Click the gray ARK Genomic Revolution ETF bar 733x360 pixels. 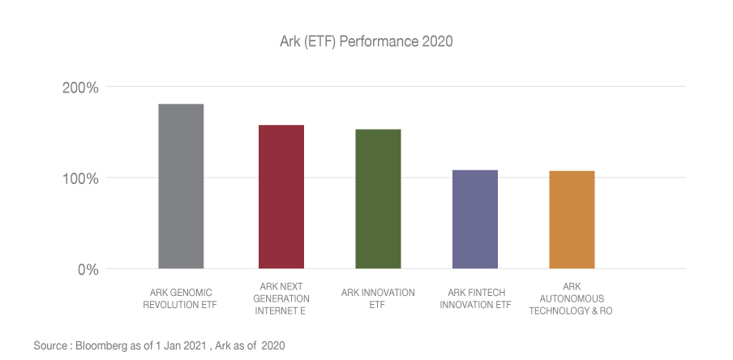click(x=181, y=186)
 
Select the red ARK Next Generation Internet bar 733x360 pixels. click(x=281, y=197)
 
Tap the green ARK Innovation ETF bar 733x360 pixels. click(x=378, y=199)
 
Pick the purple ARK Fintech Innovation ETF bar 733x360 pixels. click(x=474, y=219)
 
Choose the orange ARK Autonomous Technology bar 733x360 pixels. click(x=572, y=220)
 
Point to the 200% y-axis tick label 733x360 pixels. click(x=81, y=88)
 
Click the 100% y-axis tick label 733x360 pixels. click(x=81, y=178)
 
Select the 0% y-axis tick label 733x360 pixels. click(x=88, y=269)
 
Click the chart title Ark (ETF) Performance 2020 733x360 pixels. click(x=366, y=42)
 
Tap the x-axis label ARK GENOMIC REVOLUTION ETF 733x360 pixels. click(x=181, y=298)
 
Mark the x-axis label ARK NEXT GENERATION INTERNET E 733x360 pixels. click(x=281, y=298)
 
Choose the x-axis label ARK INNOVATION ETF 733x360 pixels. click(x=378, y=298)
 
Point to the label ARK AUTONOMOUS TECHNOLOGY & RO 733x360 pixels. click(x=571, y=298)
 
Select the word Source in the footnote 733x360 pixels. click(x=50, y=346)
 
